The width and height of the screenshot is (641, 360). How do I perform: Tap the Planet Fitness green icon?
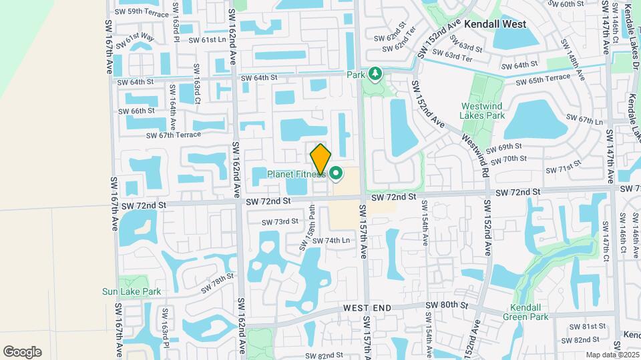336,175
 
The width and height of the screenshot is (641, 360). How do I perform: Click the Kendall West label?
495,24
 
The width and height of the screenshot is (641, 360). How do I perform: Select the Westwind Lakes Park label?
483,111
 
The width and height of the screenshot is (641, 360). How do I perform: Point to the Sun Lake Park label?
132,291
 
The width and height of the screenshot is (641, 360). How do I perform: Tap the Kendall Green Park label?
529,312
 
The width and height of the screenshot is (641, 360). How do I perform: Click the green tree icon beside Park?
375,74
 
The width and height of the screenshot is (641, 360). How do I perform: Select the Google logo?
22,351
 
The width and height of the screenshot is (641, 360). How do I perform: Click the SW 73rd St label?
280,221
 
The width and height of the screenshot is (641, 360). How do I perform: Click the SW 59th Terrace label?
142,12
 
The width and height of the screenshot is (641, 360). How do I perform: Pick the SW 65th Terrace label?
542,78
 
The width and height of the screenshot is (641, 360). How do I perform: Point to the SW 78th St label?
218,282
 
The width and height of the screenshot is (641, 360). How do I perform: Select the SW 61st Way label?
136,41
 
